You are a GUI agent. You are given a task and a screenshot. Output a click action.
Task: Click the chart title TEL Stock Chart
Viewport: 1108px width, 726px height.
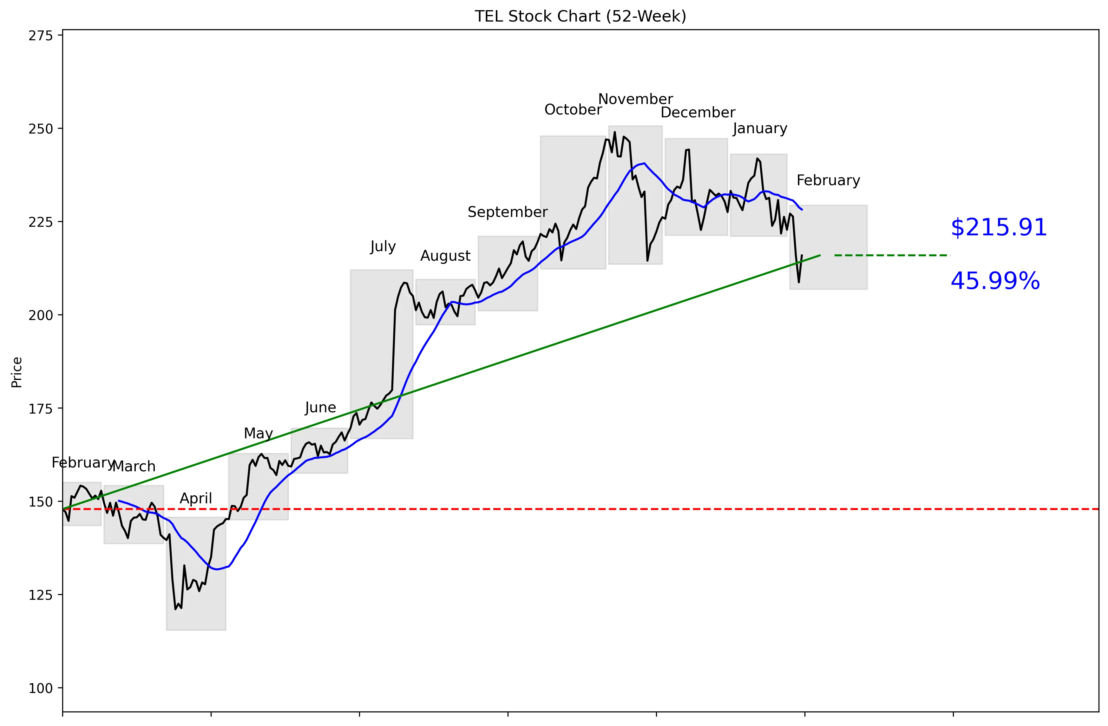tap(580, 16)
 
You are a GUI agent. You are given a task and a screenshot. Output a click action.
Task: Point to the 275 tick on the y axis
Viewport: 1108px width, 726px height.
tap(41, 36)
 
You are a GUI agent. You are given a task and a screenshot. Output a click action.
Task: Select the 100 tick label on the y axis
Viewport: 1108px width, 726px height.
tap(41, 688)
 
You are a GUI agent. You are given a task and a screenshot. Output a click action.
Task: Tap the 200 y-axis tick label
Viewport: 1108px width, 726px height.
tap(41, 315)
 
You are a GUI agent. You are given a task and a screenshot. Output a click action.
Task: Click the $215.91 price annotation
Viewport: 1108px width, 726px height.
tap(999, 228)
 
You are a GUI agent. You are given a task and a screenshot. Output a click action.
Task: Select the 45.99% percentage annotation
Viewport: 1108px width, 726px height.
tap(995, 281)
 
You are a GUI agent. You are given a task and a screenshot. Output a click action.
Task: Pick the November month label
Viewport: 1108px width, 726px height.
tap(635, 99)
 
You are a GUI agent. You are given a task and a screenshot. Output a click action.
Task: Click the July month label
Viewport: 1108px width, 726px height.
tap(383, 246)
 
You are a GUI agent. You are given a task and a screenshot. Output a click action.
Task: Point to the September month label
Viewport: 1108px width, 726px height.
tap(508, 212)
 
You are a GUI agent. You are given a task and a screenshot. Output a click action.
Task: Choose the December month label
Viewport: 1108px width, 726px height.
tap(698, 113)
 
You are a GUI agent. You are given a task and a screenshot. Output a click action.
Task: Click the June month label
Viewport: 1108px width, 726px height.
tap(320, 408)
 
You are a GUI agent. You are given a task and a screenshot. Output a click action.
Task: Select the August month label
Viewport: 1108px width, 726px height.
tap(445, 256)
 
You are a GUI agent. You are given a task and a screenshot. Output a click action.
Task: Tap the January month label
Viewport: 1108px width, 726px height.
tap(760, 128)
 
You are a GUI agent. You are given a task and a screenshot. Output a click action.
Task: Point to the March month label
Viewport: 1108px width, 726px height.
tap(134, 466)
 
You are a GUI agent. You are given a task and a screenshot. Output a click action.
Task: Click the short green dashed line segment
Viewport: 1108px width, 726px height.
tap(892, 255)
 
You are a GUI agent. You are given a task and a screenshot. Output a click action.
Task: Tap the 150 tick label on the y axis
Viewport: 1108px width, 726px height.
tap(41, 502)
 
